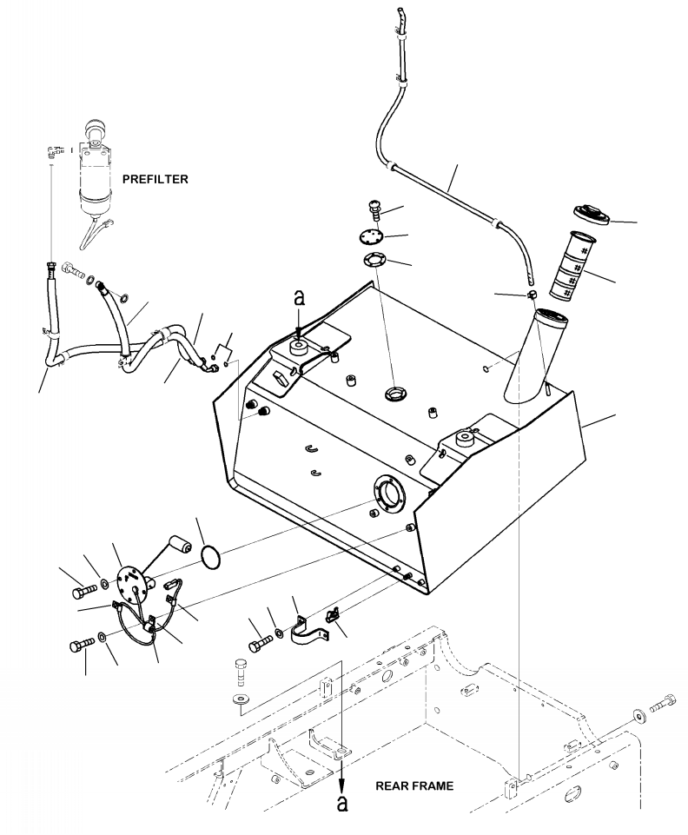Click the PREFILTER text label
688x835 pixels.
(155, 180)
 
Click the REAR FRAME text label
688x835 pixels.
(414, 786)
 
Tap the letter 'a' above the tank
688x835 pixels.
(300, 298)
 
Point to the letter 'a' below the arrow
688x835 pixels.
(342, 803)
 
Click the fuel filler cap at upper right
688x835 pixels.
(592, 215)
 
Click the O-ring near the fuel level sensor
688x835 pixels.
(211, 556)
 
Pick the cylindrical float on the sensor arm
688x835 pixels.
(180, 544)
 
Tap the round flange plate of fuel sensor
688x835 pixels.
(130, 582)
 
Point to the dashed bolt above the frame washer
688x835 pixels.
(240, 672)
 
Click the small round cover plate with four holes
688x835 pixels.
(370, 236)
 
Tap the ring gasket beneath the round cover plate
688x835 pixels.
(375, 261)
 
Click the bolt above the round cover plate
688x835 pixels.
(375, 209)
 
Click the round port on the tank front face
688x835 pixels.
(389, 492)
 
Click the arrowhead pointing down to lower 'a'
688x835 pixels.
(342, 784)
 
